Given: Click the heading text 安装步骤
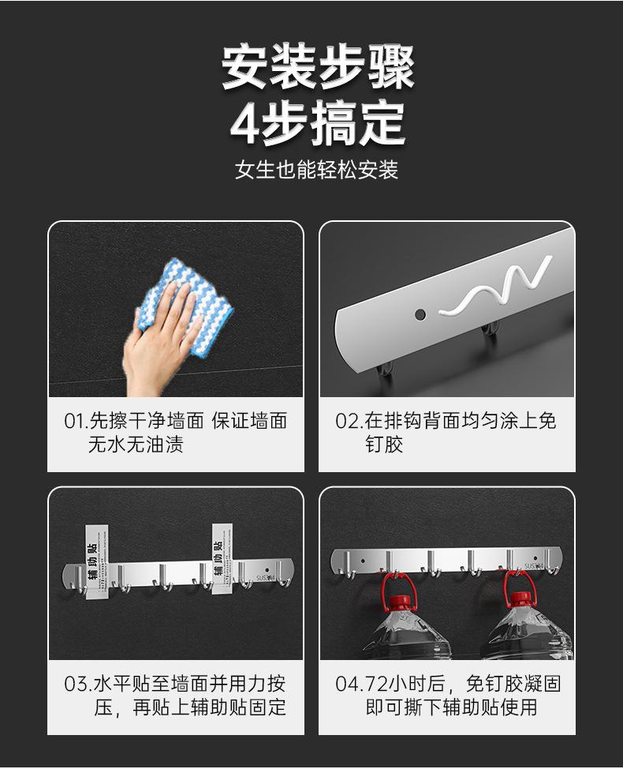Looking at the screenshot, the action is click(x=317, y=66).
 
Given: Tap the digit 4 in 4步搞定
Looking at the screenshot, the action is click(x=245, y=122).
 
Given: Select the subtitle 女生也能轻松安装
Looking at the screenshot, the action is click(x=316, y=170).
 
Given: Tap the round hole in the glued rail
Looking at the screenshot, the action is click(x=420, y=314).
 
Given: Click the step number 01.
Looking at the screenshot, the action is click(x=75, y=422).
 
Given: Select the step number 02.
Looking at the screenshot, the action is click(x=346, y=422).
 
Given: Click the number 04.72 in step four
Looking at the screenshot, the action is click(x=363, y=684).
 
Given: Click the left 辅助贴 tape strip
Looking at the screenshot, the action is click(x=96, y=562).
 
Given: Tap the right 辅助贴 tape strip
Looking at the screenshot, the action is click(x=222, y=559).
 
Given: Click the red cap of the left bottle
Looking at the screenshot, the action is click(x=399, y=602).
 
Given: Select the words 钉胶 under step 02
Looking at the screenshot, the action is click(x=385, y=445).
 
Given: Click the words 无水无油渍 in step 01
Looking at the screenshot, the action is click(x=136, y=445).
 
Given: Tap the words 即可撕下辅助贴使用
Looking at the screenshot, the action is click(x=452, y=707).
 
